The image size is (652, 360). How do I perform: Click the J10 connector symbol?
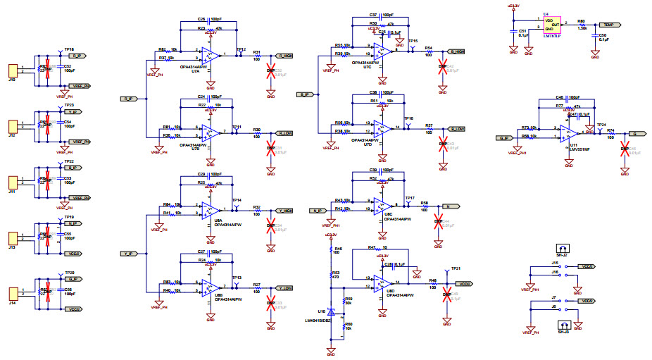[13, 70]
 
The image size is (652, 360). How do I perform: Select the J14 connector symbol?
[13, 293]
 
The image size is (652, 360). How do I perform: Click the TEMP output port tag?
[610, 25]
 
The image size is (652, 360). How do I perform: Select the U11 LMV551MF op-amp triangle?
[568, 132]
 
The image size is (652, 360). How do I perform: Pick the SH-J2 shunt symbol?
[562, 249]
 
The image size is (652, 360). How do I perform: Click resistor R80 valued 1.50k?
[582, 25]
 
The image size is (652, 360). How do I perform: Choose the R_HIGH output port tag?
[284, 55]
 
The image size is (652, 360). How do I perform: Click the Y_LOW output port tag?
[284, 288]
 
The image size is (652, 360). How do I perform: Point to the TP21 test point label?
[456, 269]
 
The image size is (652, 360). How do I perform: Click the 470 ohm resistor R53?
[330, 275]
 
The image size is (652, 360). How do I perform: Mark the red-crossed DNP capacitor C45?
[625, 149]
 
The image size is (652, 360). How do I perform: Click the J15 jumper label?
[555, 262]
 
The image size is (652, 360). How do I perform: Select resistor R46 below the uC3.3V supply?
[330, 251]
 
